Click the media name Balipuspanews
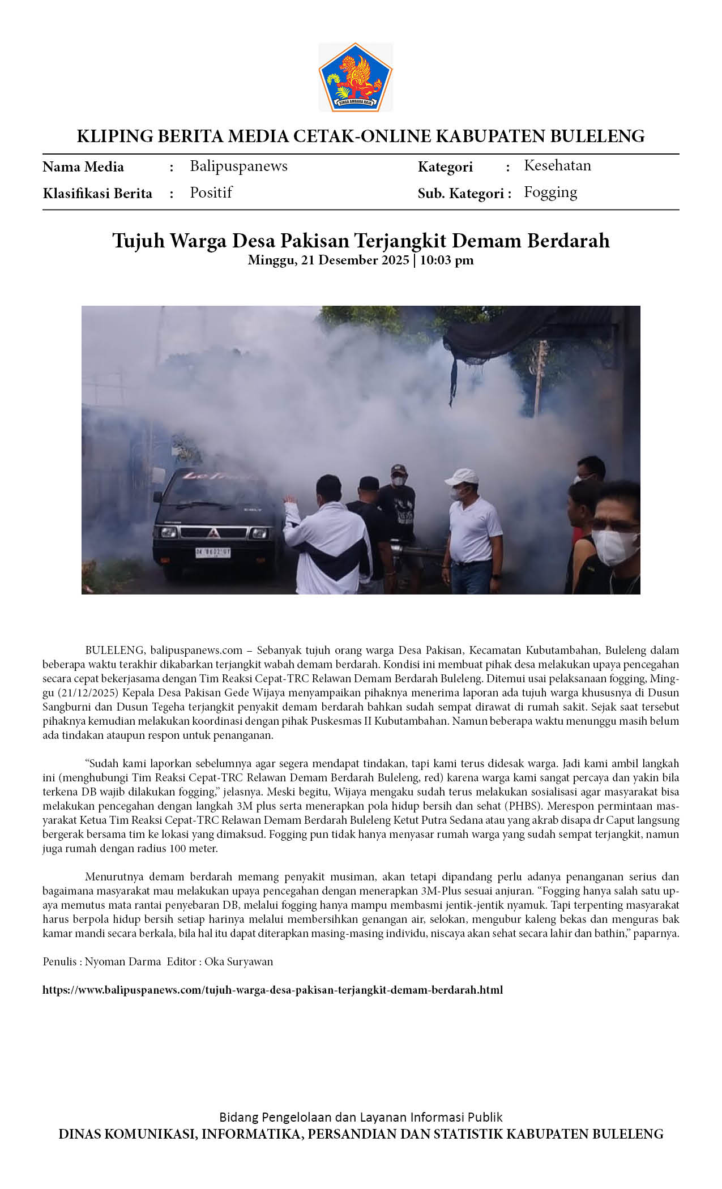pyautogui.click(x=238, y=166)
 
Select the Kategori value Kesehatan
pyautogui.click(x=557, y=165)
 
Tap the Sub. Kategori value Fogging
pyautogui.click(x=550, y=193)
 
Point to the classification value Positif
pyautogui.click(x=211, y=193)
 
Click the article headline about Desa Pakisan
pyautogui.click(x=361, y=241)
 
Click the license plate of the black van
pyautogui.click(x=212, y=552)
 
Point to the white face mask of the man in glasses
pyautogui.click(x=613, y=546)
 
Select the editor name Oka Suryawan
pyautogui.click(x=238, y=961)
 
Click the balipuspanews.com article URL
pyautogui.click(x=272, y=990)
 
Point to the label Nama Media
pyautogui.click(x=83, y=167)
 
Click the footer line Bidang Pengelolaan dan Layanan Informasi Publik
pyautogui.click(x=361, y=1117)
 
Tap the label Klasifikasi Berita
pyautogui.click(x=97, y=194)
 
